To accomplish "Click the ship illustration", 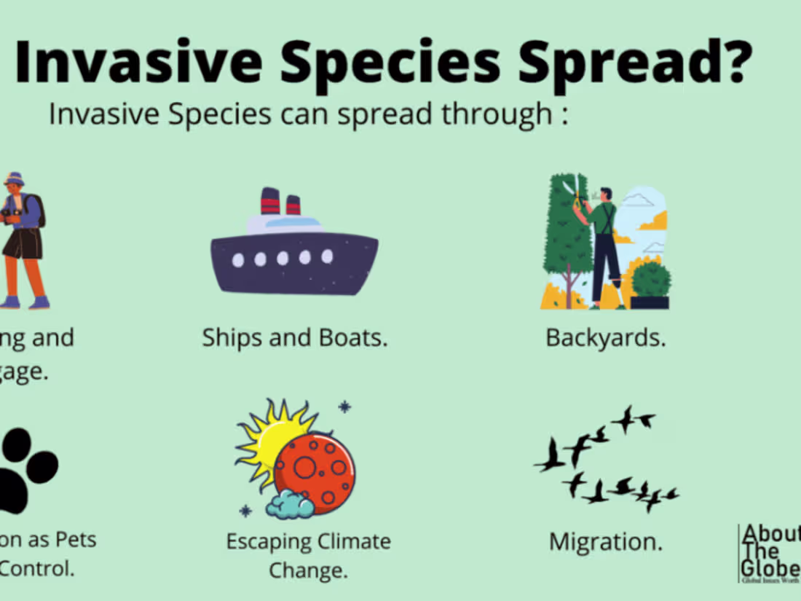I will click(294, 251).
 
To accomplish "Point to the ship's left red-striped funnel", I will click(270, 201).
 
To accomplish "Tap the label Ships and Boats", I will click(294, 338).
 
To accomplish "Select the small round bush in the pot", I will click(651, 280).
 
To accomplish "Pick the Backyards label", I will click(606, 338).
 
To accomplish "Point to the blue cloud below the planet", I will click(289, 503).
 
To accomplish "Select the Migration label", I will click(606, 542).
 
